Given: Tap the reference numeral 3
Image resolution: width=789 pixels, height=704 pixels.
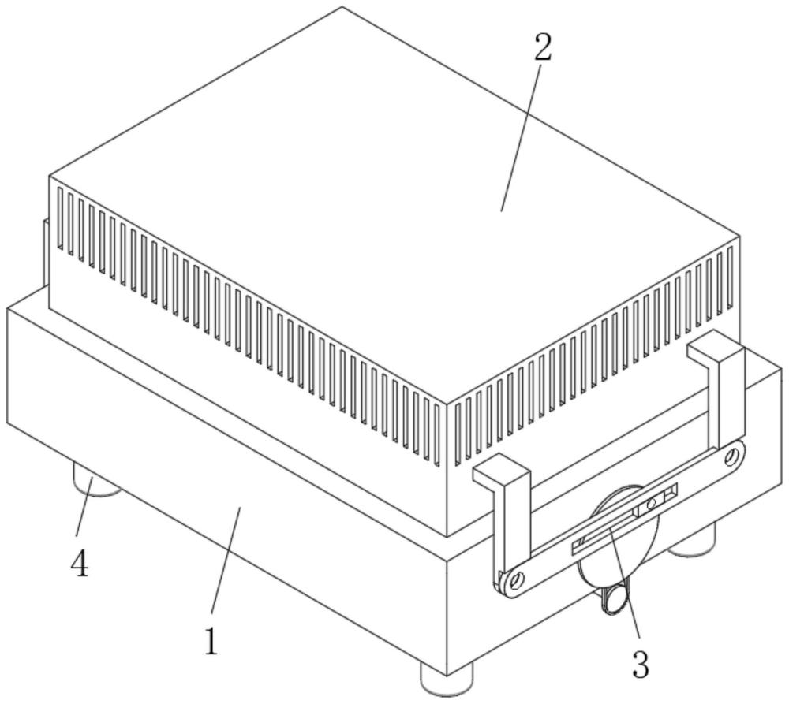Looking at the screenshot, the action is pos(641,665).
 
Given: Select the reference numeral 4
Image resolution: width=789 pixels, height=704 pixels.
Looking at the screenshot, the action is pos(81,564).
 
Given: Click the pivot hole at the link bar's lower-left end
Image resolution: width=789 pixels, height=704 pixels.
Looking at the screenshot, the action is pos(517,581).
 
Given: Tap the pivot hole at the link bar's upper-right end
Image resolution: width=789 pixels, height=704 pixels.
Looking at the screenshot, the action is pos(732,456).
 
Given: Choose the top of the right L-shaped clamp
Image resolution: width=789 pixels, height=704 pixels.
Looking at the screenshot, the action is pos(715,348).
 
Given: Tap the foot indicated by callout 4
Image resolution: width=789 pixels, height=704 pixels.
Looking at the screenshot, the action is pos(96,481).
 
